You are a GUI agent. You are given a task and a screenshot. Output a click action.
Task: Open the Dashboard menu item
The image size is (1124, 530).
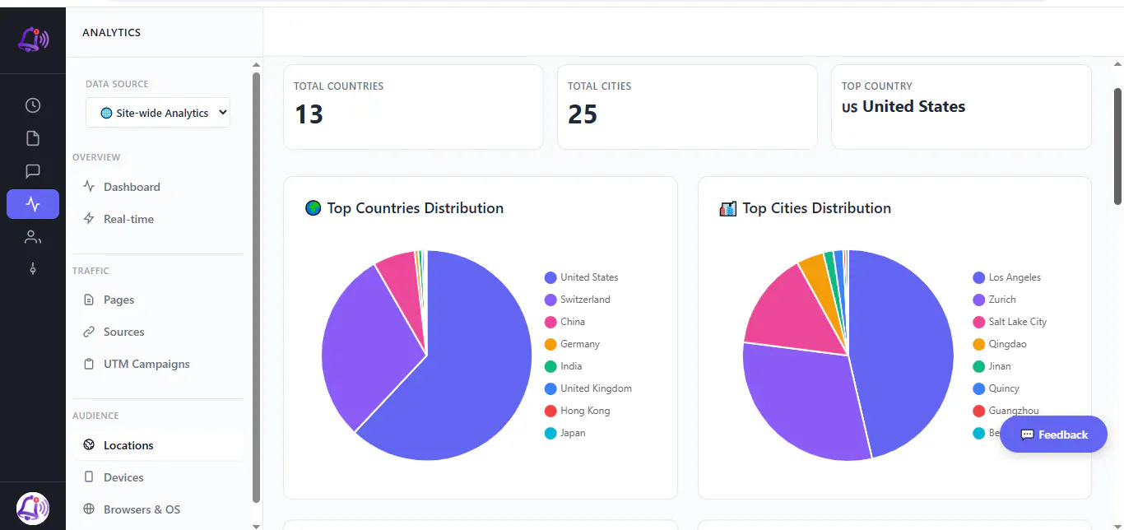coord(132,187)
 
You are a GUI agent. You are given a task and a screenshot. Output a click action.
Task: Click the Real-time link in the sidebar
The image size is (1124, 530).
coord(128,219)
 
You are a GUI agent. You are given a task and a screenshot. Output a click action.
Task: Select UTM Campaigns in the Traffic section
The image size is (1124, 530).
coord(146,364)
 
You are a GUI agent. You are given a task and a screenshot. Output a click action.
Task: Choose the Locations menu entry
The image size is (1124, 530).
coord(128,445)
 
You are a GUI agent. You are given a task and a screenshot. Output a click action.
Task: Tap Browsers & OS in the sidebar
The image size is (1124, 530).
coord(142,509)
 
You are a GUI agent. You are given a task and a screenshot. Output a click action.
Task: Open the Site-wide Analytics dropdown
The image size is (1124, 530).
coord(158,113)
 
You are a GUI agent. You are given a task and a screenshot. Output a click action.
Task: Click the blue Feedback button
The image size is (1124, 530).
coord(1053,435)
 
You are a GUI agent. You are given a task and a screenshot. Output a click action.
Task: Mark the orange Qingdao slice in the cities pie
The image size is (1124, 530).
coord(819,281)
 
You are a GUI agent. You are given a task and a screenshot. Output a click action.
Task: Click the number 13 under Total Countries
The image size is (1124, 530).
coord(309,114)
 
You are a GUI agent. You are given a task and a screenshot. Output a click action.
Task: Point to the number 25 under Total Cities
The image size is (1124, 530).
coord(583,114)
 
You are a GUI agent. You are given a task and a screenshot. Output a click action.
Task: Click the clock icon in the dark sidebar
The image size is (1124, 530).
coord(33,105)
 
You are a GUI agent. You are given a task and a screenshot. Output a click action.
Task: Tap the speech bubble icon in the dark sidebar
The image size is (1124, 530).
coord(33,171)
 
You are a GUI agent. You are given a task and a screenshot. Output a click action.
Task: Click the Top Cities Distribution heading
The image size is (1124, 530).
coord(816,207)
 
